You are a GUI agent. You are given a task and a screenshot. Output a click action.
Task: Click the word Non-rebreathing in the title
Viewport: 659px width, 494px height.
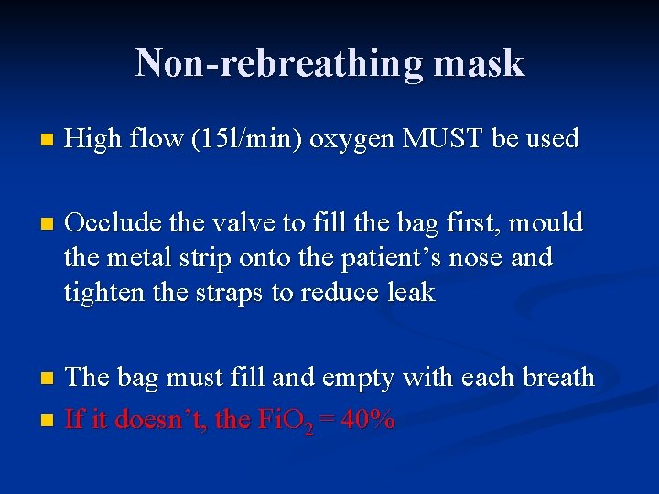tap(279, 63)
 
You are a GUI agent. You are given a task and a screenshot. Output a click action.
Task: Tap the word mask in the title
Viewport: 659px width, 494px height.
tap(479, 63)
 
